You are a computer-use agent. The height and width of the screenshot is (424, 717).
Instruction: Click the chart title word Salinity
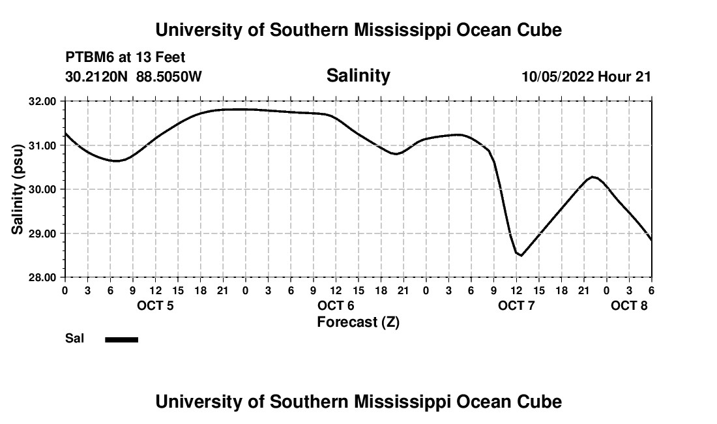pos(358,76)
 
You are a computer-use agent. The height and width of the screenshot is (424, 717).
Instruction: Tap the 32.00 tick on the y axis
pos(43,101)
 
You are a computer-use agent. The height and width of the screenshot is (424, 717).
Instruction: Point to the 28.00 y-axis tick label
pos(43,277)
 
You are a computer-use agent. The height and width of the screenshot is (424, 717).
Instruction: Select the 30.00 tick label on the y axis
pos(43,189)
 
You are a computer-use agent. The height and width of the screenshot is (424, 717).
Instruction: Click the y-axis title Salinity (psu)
pos(18,189)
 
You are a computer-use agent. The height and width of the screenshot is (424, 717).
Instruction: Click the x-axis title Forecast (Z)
pos(358,322)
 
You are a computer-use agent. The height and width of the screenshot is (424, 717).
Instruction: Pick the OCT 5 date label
pos(155,305)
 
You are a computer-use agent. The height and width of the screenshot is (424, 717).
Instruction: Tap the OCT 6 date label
pos(336,305)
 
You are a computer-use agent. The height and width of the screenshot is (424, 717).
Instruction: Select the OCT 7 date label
pos(516,305)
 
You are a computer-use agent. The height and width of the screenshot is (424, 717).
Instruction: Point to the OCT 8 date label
pos(629,305)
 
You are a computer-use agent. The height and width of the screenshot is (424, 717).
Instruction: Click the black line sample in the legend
pos(122,339)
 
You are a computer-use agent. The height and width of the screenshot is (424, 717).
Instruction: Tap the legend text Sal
pos(74,339)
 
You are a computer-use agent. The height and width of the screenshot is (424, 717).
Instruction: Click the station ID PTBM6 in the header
pos(88,58)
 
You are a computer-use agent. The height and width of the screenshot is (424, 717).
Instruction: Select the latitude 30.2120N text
pos(98,76)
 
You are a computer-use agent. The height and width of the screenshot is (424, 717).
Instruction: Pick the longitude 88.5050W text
pos(169,76)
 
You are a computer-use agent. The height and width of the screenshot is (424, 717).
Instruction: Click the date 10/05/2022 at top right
pos(557,76)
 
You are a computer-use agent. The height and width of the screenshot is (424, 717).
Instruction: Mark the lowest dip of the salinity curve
pos(521,255)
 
